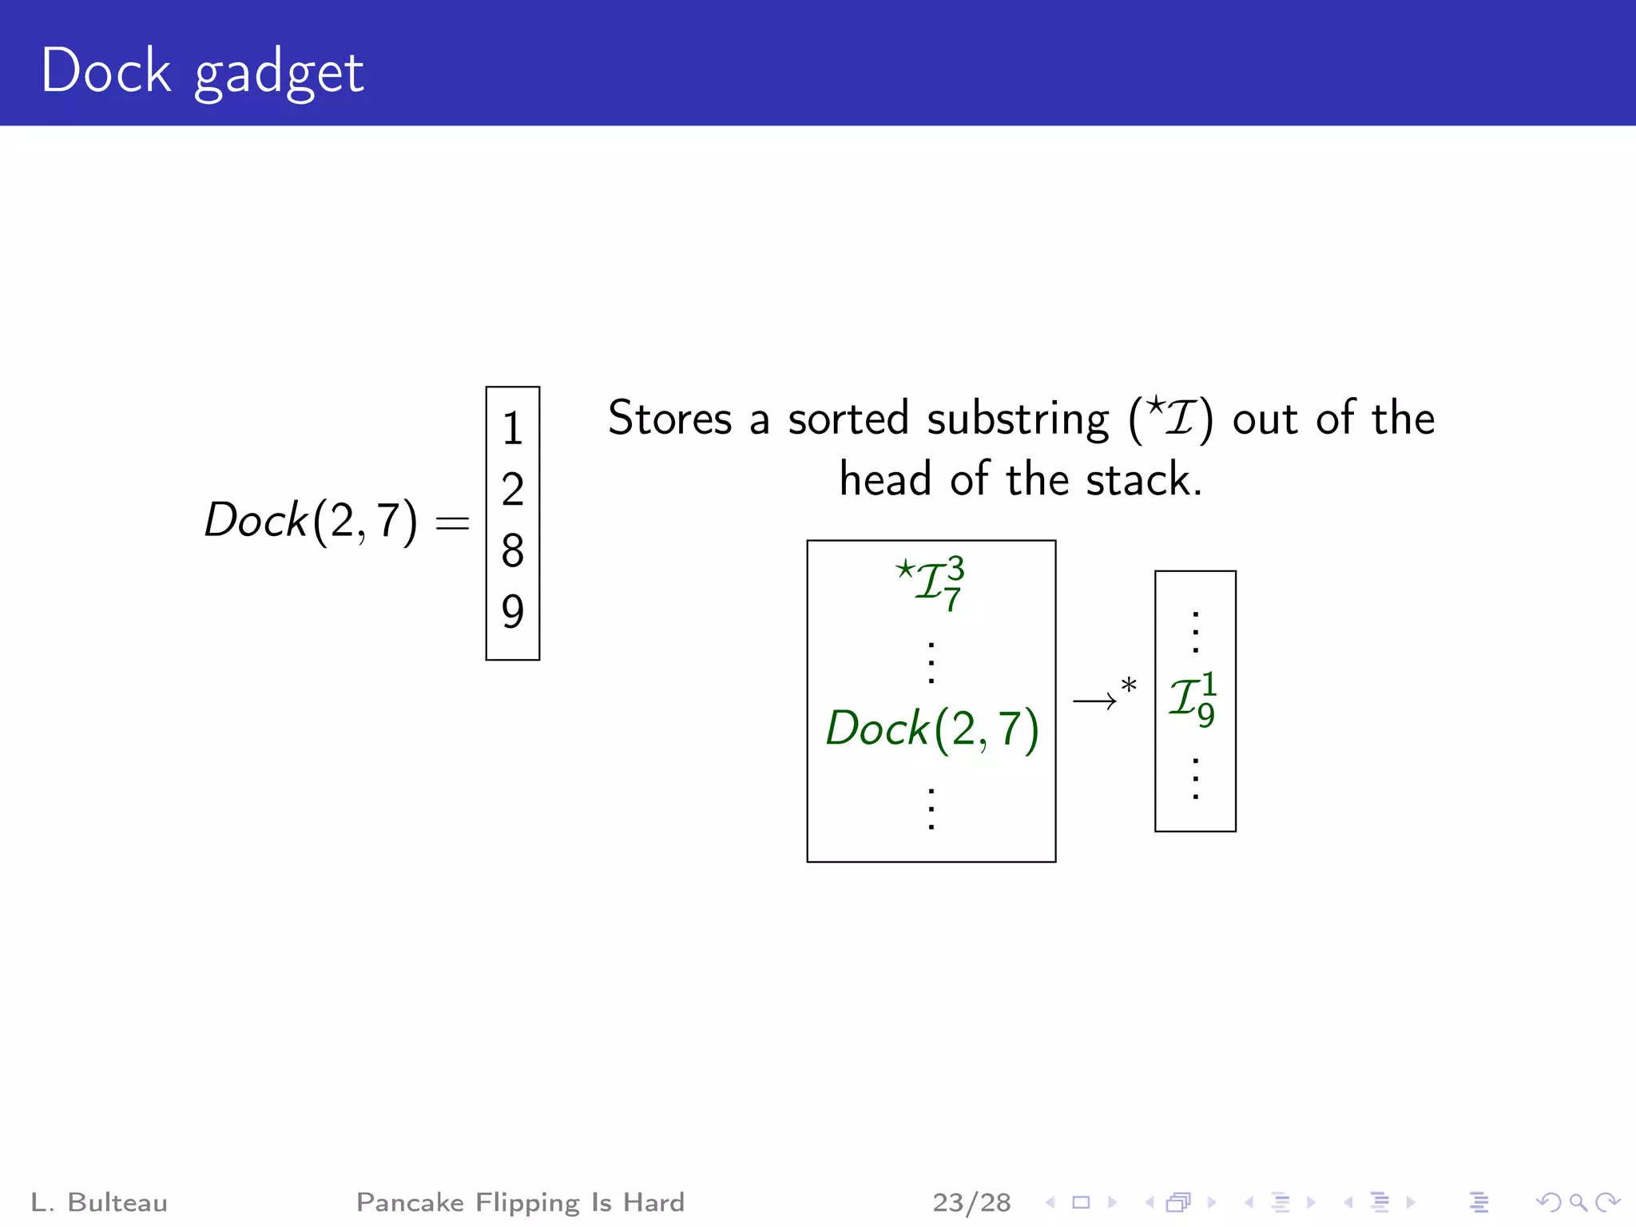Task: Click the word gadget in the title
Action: pyautogui.click(x=279, y=73)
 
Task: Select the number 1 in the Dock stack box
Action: pyautogui.click(x=512, y=429)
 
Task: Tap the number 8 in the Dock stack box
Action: pyautogui.click(x=512, y=550)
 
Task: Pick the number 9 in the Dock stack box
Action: pyautogui.click(x=512, y=612)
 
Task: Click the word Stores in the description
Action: pyautogui.click(x=669, y=418)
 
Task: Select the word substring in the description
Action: pyautogui.click(x=1018, y=418)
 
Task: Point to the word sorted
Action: pyautogui.click(x=848, y=418)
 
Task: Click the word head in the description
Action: pyautogui.click(x=885, y=479)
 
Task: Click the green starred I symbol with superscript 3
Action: pyautogui.click(x=931, y=582)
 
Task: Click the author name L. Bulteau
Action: pyautogui.click(x=99, y=1202)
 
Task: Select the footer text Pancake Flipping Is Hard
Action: pyautogui.click(x=520, y=1202)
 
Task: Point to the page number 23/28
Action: pyautogui.click(x=971, y=1202)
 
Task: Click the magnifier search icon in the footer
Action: pyautogui.click(x=1578, y=1202)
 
